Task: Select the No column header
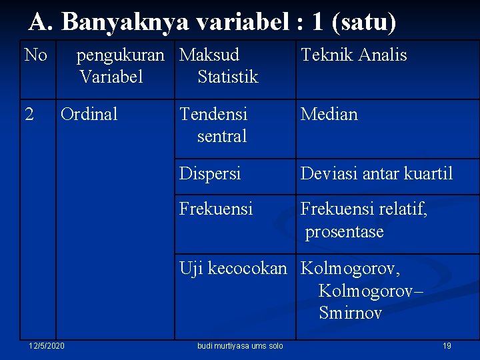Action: [x=35, y=55]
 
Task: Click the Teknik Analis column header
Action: [x=353, y=55]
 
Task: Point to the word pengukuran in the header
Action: [x=120, y=55]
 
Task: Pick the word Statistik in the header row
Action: [x=227, y=77]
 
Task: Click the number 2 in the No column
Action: [x=29, y=114]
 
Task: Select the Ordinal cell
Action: [x=89, y=114]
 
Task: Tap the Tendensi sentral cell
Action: [x=213, y=125]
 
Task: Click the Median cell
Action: [x=329, y=114]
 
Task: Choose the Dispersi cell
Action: [x=210, y=173]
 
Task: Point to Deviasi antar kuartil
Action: [x=377, y=173]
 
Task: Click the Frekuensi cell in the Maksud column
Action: [x=216, y=209]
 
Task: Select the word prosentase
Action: [x=345, y=232]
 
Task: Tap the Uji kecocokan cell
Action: [x=233, y=269]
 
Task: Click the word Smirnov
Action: [x=350, y=313]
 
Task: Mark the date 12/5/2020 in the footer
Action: [x=47, y=346]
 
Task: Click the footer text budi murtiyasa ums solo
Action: [x=240, y=346]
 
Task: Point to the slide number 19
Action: [x=447, y=346]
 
